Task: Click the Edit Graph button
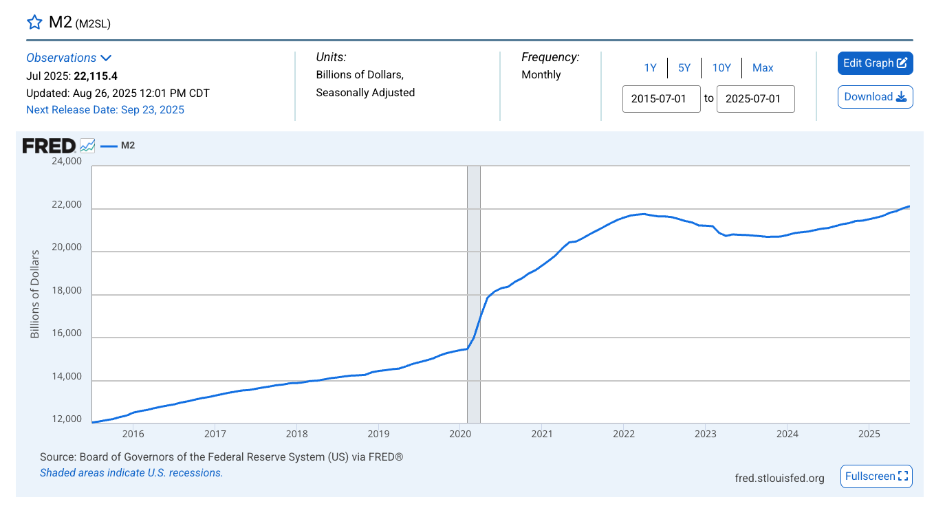[x=875, y=63]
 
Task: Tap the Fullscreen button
[x=876, y=476]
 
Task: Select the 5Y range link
[x=684, y=67]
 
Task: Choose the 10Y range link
[x=721, y=67]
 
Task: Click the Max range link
[x=763, y=67]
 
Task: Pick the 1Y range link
[x=650, y=67]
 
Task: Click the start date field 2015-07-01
[x=661, y=98]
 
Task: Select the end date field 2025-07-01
[x=755, y=98]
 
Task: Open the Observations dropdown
[x=69, y=58]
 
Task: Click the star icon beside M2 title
[x=34, y=22]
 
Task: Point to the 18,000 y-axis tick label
[x=66, y=291]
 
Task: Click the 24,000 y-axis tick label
[x=66, y=162]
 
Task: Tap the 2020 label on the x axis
[x=459, y=434]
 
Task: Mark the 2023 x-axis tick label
[x=705, y=434]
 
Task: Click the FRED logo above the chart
[x=49, y=146]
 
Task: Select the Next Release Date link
[x=105, y=110]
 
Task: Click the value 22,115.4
[x=105, y=76]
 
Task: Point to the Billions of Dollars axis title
[x=35, y=294]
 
